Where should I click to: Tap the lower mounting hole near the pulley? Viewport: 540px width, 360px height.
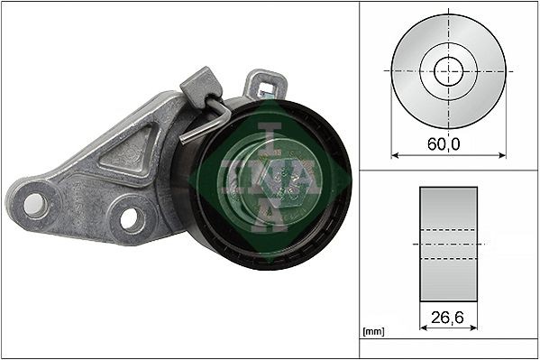point(132,217)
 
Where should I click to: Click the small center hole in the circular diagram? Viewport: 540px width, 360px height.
point(449,71)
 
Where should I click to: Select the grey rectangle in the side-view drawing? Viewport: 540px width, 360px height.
point(449,244)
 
